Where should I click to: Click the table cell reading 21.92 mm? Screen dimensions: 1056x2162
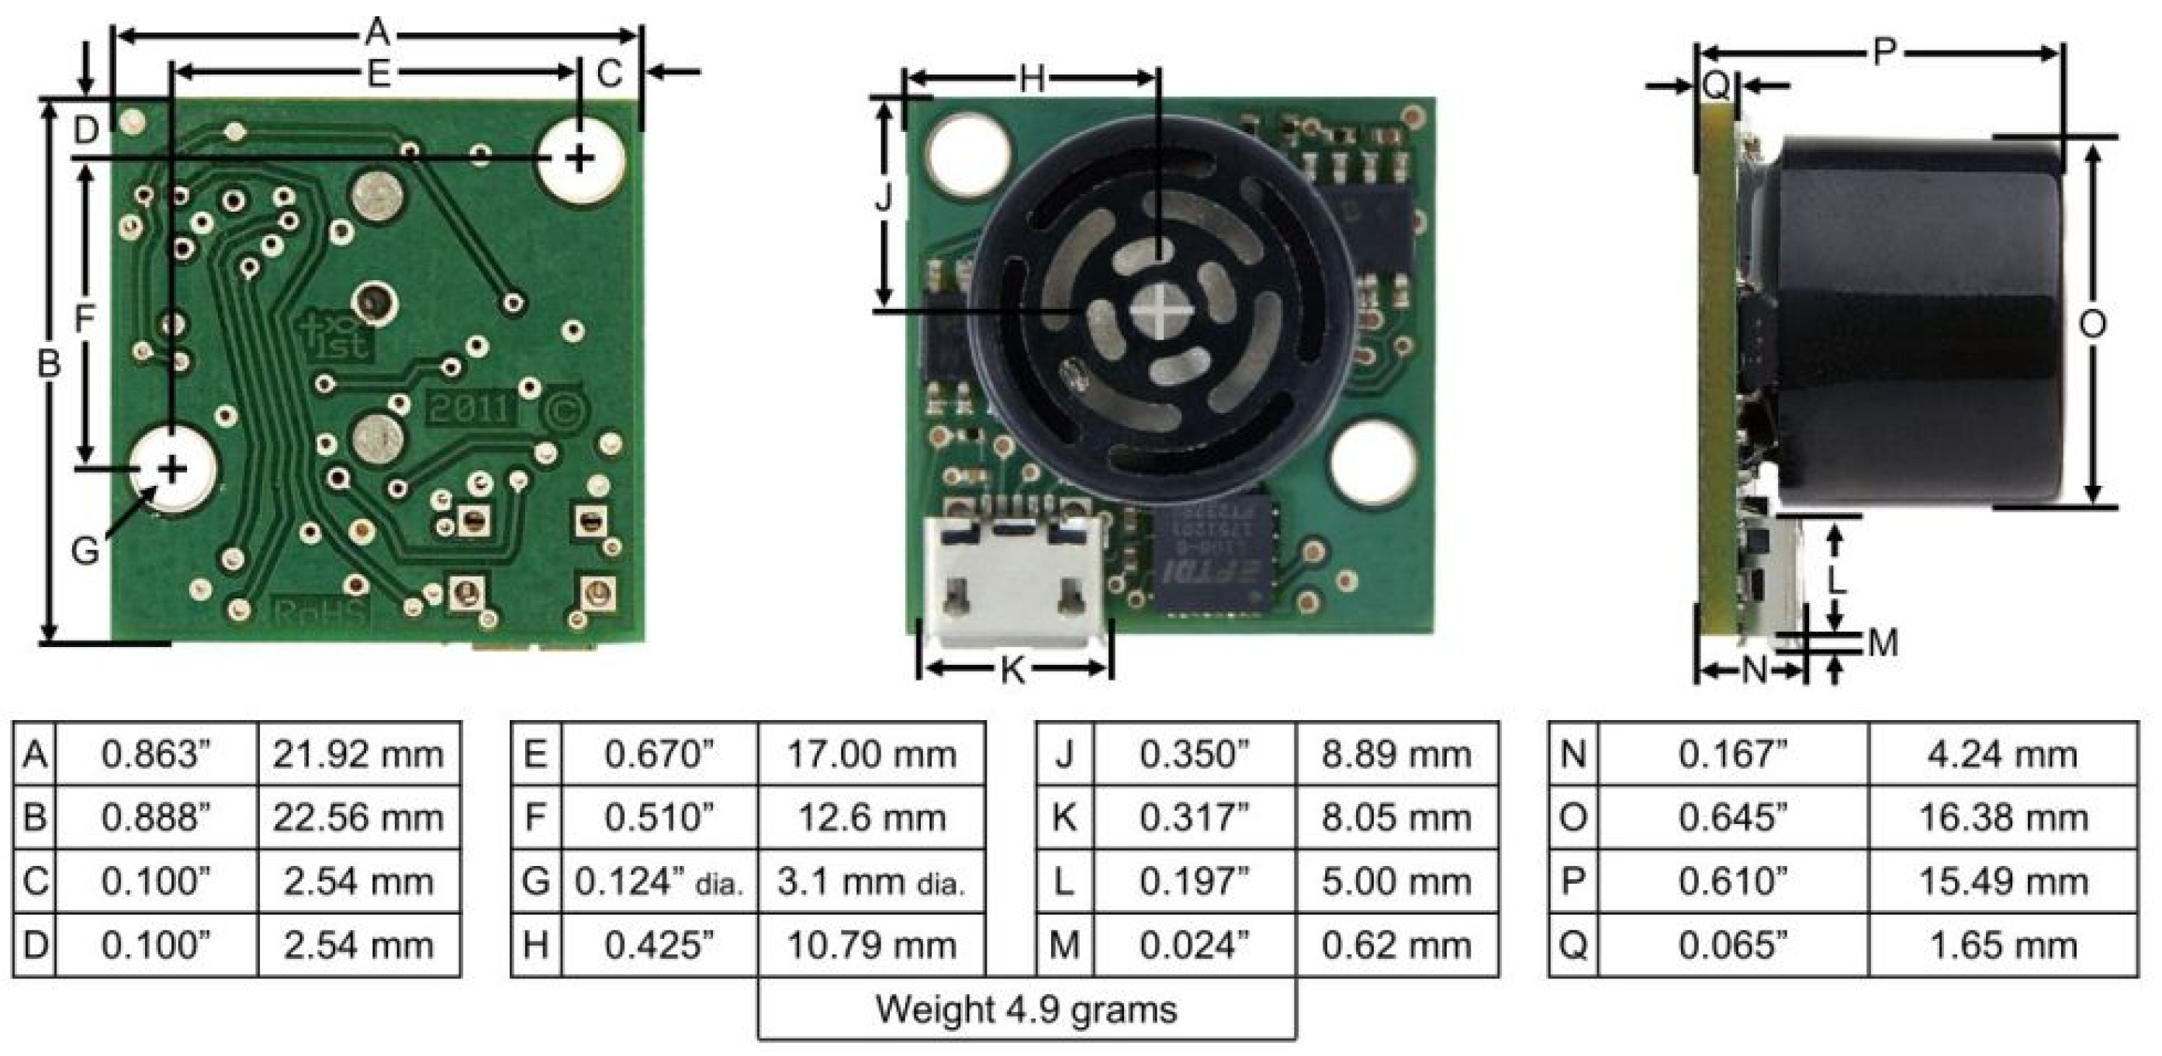click(358, 754)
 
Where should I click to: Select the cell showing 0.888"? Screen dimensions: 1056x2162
click(156, 818)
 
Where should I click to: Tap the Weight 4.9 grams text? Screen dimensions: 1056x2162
click(1026, 1009)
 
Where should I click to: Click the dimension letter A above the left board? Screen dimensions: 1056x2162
click(378, 33)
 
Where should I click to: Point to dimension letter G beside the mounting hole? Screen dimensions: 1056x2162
click(85, 552)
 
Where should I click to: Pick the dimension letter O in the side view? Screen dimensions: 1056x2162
click(2091, 324)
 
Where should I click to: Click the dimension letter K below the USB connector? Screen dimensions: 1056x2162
click(1014, 670)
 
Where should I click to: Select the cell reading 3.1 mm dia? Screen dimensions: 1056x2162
click(871, 881)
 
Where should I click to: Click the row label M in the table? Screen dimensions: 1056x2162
click(1064, 945)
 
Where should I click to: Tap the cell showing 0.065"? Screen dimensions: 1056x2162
click(1732, 945)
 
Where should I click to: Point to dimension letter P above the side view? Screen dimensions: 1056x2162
click(1885, 53)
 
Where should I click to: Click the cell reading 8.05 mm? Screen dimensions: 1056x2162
click(1396, 818)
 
